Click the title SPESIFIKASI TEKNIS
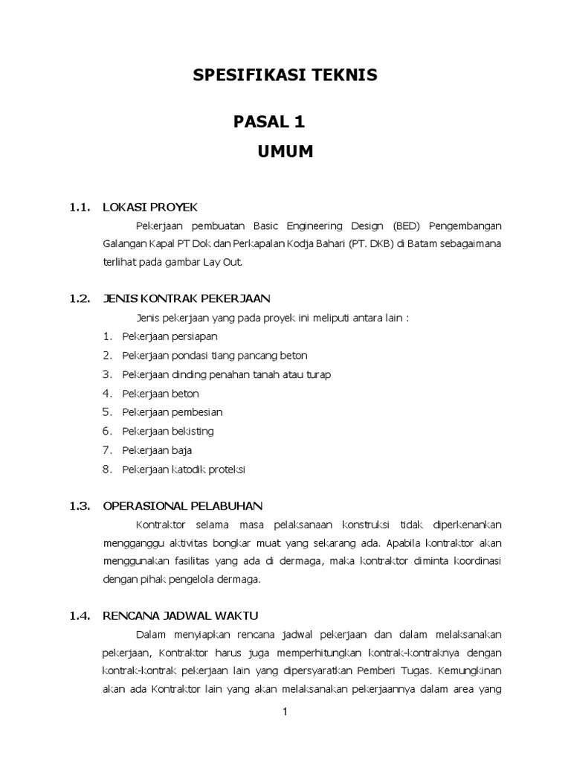[x=285, y=74]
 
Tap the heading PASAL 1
[x=269, y=121]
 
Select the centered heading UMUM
[x=285, y=152]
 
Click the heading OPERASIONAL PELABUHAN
[x=182, y=506]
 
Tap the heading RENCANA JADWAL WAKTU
[x=180, y=615]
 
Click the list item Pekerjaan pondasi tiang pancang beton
[x=215, y=355]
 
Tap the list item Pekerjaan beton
[x=161, y=393]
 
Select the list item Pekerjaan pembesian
[x=172, y=412]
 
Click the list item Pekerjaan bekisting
[x=168, y=431]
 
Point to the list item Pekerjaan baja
[x=158, y=450]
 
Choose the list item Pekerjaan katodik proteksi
[x=184, y=470]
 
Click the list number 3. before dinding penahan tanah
[x=107, y=374]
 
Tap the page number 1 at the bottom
[x=285, y=712]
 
